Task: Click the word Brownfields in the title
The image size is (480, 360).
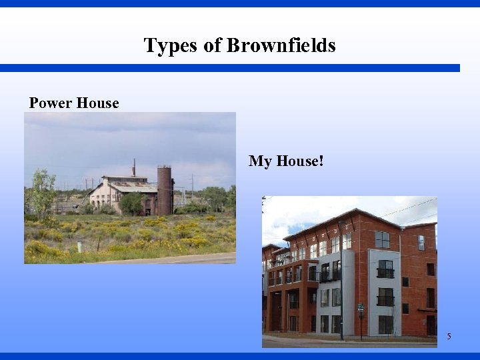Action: click(281, 45)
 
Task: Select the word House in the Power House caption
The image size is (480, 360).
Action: click(97, 103)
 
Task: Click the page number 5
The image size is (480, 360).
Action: click(449, 337)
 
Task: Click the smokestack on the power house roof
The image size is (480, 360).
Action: click(133, 167)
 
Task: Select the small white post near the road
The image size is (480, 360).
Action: click(79, 247)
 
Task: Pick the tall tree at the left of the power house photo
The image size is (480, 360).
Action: click(42, 193)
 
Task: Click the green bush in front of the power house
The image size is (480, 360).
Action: click(132, 203)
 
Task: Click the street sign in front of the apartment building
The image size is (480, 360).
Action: click(361, 309)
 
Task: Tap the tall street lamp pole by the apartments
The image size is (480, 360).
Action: click(341, 280)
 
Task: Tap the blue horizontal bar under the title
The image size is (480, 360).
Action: click(230, 68)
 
